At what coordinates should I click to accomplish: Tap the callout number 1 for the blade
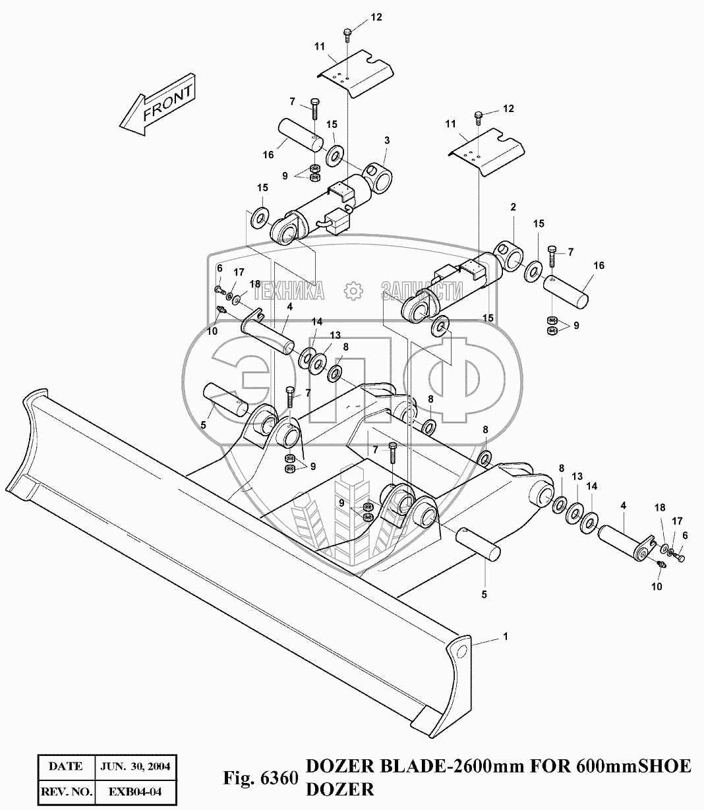pos(505,637)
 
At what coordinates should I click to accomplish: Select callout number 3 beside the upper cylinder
pos(387,140)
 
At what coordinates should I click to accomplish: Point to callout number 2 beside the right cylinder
pos(512,208)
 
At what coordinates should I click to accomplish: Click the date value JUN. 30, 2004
pos(135,766)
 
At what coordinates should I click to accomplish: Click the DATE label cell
pos(65,766)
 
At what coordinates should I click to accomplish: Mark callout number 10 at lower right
pos(657,586)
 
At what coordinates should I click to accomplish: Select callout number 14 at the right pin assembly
pos(591,486)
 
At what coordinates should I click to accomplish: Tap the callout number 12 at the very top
pos(376,18)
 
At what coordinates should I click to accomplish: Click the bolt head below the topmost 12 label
pos(347,31)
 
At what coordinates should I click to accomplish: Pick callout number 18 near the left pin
pos(254,283)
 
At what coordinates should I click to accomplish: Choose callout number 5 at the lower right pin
pos(484,594)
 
